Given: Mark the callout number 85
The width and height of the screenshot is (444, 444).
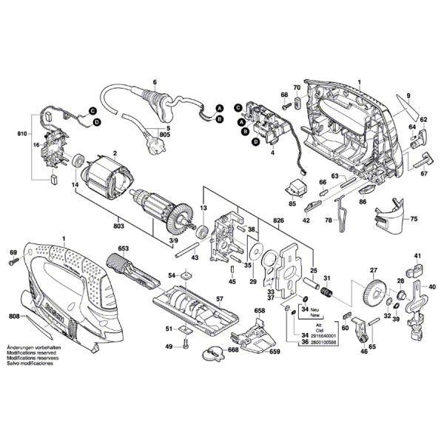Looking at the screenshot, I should tap(292, 203).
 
